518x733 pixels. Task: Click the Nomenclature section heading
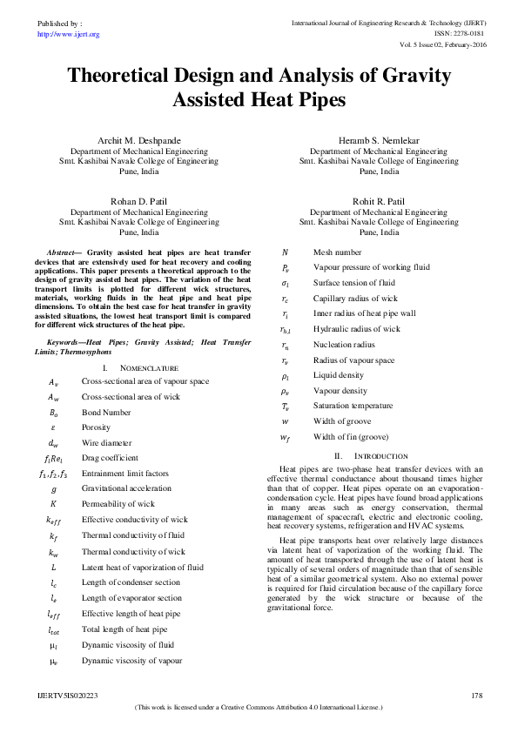click(x=145, y=369)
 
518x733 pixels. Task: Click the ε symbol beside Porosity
click(x=54, y=427)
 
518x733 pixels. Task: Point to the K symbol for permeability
click(x=54, y=504)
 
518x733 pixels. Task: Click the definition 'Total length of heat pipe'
click(x=124, y=629)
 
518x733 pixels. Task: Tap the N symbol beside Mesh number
click(x=286, y=252)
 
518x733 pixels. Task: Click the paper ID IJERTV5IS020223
click(x=69, y=696)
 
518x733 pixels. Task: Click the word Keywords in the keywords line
click(x=66, y=343)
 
